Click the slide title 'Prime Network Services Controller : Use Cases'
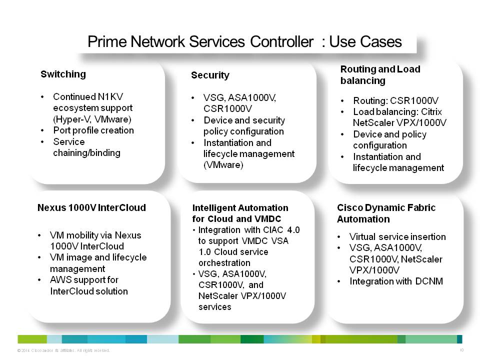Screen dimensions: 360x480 pos(244,42)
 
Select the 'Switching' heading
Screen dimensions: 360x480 pos(63,74)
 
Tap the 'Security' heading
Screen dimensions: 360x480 pos(210,75)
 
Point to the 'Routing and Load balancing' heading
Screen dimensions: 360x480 pos(380,74)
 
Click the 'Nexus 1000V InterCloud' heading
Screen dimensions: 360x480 pos(91,207)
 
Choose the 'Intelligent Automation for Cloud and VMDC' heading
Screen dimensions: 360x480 pos(240,213)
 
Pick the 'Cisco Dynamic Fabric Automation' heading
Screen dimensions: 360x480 pos(386,213)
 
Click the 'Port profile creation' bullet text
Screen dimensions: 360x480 pos(93,130)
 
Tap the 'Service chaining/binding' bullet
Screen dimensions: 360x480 pos(86,147)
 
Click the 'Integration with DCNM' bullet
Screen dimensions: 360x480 pos(396,281)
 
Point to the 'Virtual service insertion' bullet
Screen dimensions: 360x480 pos(397,236)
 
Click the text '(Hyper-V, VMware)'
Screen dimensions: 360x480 pos(92,119)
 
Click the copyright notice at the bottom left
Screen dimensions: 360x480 pos(63,350)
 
